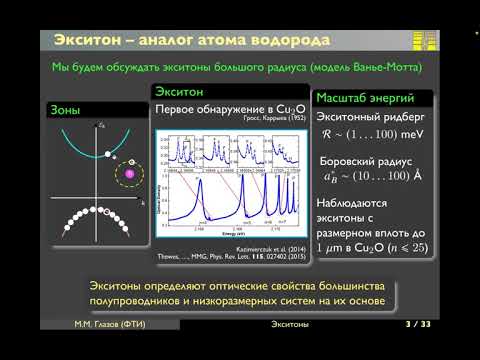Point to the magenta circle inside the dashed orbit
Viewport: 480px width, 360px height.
(x=129, y=175)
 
